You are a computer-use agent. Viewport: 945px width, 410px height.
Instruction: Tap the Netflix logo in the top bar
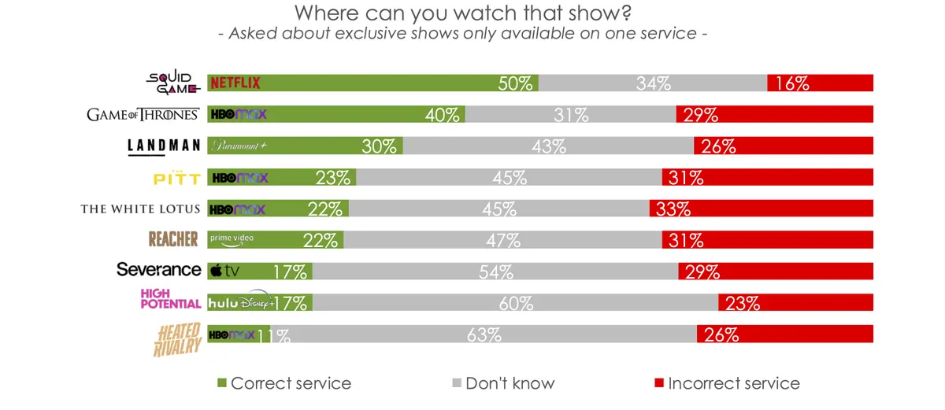coord(235,83)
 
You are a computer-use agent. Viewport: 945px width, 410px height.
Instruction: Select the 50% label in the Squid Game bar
coord(516,83)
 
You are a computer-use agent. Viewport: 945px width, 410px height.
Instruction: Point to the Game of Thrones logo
coord(143,114)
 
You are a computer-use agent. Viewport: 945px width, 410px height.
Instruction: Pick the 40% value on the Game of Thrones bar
coord(442,115)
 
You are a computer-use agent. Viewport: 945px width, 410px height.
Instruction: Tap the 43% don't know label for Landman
coord(549,146)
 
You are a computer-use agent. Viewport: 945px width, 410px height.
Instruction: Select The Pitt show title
coord(176,177)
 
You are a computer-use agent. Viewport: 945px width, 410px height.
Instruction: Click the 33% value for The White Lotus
coord(673,209)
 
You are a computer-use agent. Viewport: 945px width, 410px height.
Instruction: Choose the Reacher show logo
coord(173,238)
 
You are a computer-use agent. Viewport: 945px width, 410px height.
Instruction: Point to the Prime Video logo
coord(232,238)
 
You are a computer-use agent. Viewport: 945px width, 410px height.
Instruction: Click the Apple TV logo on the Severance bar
coord(224,271)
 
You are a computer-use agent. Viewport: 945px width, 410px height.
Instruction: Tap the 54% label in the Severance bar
coord(495,272)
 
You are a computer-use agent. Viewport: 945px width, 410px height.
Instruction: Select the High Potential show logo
coord(170,299)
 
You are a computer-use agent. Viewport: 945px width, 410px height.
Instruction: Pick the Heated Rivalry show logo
coord(176,338)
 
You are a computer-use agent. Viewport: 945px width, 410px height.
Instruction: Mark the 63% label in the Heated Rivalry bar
coord(484,335)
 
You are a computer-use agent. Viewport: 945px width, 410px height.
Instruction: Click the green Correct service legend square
coord(222,383)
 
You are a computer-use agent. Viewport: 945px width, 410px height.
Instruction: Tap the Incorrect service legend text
coord(733,383)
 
